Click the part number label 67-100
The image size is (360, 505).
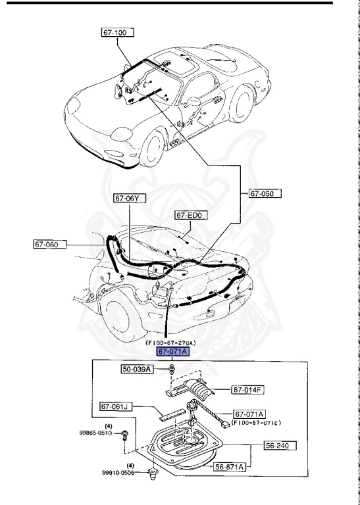tap(116, 32)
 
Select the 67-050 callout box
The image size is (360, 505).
tap(265, 193)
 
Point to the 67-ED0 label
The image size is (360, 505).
tap(191, 215)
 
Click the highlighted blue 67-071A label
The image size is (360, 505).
tap(172, 351)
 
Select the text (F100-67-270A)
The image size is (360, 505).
tap(172, 342)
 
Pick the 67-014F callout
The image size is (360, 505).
tap(247, 390)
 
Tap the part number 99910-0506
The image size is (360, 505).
tap(118, 472)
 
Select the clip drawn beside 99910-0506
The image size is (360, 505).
tap(154, 471)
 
